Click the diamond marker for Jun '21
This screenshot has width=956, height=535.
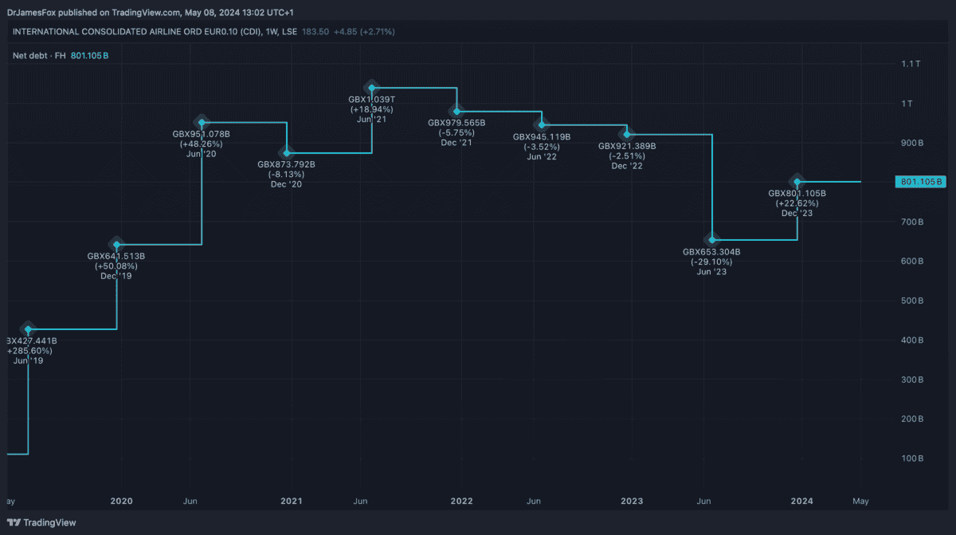pos(372,88)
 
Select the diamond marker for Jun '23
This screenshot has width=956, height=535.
pos(712,240)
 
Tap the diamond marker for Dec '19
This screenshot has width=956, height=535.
pos(117,245)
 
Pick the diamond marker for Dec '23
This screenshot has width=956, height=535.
pos(797,182)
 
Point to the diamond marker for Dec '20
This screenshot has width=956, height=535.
pos(287,153)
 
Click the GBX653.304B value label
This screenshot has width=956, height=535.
pos(711,252)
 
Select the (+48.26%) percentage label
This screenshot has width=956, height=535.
pos(202,144)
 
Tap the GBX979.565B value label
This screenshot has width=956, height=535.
pos(456,123)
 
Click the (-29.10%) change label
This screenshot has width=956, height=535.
pos(711,262)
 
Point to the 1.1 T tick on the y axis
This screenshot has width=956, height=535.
pos(911,64)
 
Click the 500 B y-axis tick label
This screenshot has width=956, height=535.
pos(912,301)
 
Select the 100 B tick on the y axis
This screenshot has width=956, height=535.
pos(912,458)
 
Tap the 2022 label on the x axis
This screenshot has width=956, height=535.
pos(461,502)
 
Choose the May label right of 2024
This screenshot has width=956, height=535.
pos(860,502)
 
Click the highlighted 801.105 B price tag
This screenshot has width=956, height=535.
pos(920,182)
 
